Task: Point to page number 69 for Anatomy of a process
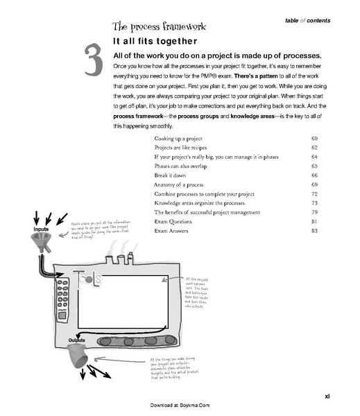point(314,185)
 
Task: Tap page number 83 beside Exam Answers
point(314,230)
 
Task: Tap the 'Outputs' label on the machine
point(77,341)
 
